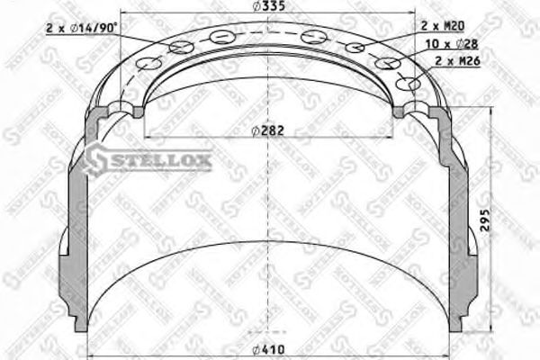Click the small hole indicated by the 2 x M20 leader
[x=356, y=47]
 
